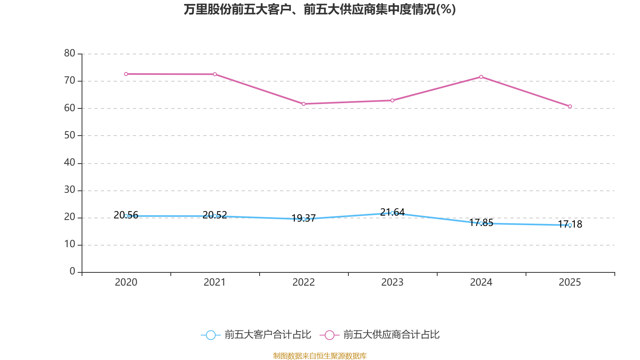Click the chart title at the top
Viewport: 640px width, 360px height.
pyautogui.click(x=320, y=9)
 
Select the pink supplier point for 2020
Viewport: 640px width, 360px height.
pyautogui.click(x=126, y=74)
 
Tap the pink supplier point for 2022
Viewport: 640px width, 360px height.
pyautogui.click(x=304, y=104)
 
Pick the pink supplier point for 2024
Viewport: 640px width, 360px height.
pyautogui.click(x=481, y=77)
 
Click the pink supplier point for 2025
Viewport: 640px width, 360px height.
pyautogui.click(x=570, y=106)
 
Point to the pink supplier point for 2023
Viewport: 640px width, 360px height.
pyautogui.click(x=392, y=100)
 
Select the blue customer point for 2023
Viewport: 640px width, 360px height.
pyautogui.click(x=392, y=213)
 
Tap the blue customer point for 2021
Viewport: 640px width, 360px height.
pyautogui.click(x=215, y=216)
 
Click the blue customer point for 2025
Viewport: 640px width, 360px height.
pyautogui.click(x=570, y=225)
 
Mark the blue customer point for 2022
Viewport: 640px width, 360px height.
pyautogui.click(x=304, y=219)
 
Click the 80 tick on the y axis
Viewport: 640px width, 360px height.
pyautogui.click(x=70, y=53)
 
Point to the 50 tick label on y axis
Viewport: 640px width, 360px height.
pyautogui.click(x=70, y=135)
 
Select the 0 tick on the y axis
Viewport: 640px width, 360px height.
pyautogui.click(x=72, y=272)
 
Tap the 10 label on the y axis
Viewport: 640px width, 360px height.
pyautogui.click(x=70, y=244)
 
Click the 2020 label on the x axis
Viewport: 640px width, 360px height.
pyautogui.click(x=126, y=282)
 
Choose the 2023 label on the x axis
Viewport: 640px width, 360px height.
pyautogui.click(x=392, y=282)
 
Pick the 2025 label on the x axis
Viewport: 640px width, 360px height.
pyautogui.click(x=570, y=282)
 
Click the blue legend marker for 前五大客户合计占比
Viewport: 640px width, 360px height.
pyautogui.click(x=211, y=335)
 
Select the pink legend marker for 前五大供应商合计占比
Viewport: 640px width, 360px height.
pyautogui.click(x=330, y=335)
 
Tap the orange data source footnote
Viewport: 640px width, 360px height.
pyautogui.click(x=320, y=356)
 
